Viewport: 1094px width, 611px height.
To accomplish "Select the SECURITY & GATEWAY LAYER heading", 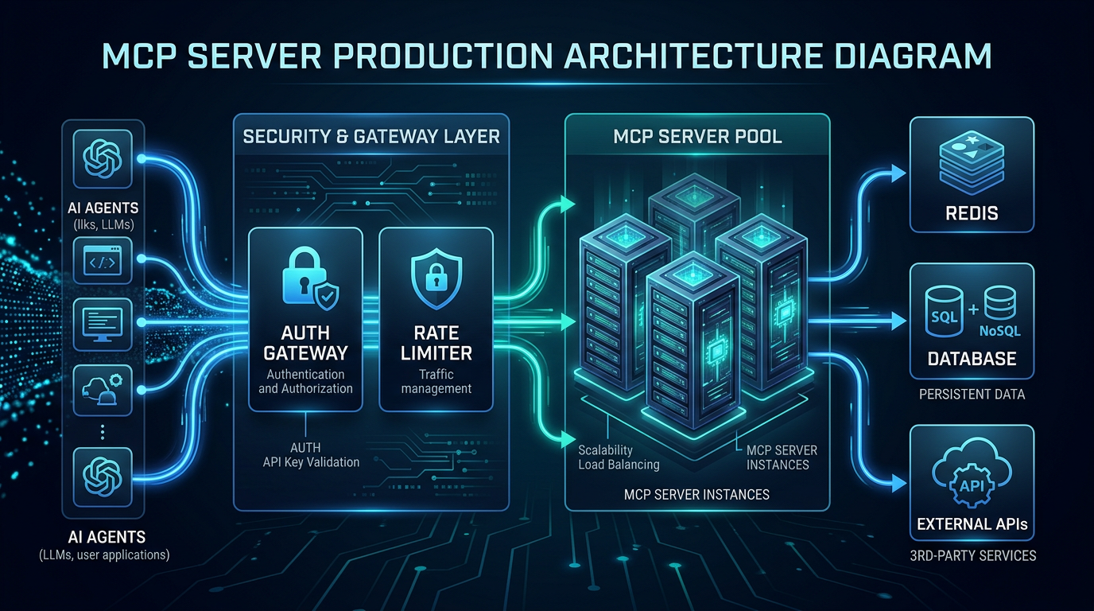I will point(371,136).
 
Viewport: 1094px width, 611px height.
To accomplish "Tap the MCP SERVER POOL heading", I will point(697,136).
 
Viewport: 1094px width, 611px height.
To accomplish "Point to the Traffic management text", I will point(436,381).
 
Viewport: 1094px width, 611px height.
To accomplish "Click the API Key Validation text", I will point(311,461).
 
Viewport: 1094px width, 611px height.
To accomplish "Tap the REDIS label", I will point(972,212).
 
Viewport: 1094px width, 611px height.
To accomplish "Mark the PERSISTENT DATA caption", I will point(972,395).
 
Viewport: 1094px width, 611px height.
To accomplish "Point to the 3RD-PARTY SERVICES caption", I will point(972,555).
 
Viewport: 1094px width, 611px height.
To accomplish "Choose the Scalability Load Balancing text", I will point(618,457).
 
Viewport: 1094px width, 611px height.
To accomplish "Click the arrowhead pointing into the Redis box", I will point(900,173).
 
